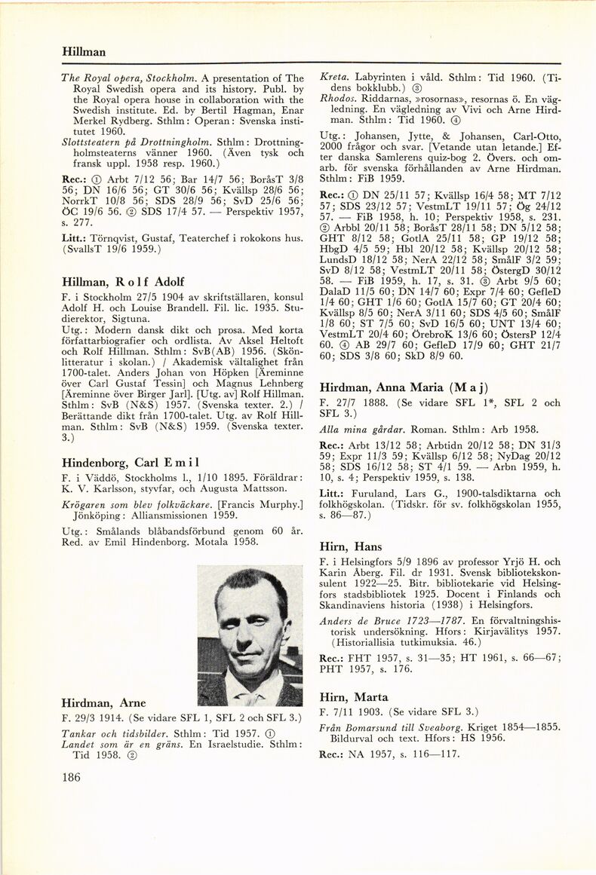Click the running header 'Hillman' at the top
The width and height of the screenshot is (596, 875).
tap(84, 52)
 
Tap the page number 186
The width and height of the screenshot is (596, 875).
tap(72, 779)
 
